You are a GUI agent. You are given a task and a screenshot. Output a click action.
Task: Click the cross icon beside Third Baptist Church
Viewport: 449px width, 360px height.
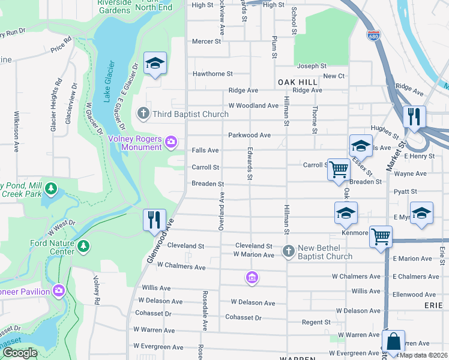[143, 113]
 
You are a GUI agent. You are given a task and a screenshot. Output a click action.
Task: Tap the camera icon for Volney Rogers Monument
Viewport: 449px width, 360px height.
[171, 142]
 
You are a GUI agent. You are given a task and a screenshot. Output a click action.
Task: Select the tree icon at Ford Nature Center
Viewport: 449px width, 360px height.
[83, 246]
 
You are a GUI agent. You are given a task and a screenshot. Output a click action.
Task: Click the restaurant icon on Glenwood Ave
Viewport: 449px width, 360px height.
[154, 220]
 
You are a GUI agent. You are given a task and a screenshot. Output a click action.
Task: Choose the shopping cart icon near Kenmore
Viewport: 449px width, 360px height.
[381, 236]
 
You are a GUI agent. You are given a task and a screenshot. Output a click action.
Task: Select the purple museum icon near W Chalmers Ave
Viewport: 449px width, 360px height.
[252, 277]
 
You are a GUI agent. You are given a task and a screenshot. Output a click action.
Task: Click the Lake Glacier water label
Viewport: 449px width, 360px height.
[109, 82]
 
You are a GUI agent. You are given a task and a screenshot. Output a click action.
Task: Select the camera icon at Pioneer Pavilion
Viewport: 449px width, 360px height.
[58, 290]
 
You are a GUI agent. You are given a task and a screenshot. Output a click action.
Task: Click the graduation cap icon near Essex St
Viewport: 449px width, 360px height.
[361, 146]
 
